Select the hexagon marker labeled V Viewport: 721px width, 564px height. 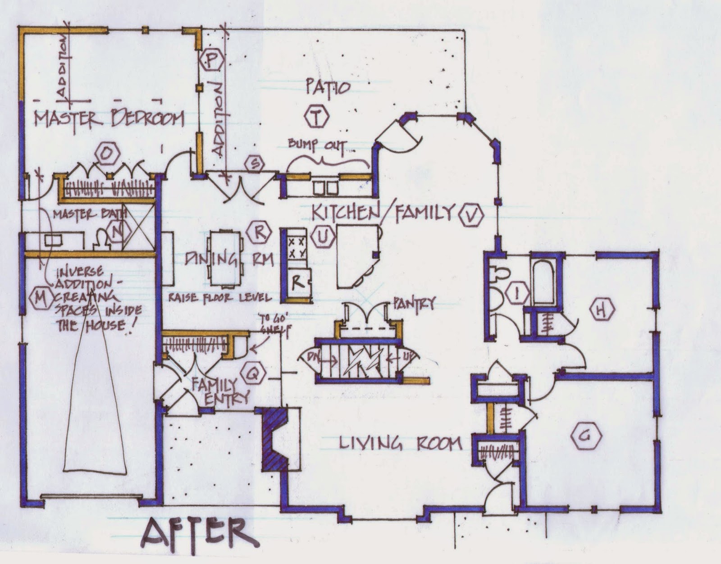[472, 215]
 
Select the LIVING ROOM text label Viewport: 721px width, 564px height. [400, 443]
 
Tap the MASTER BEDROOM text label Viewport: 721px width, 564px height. [110, 119]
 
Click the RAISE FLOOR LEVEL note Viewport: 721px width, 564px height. [220, 297]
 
